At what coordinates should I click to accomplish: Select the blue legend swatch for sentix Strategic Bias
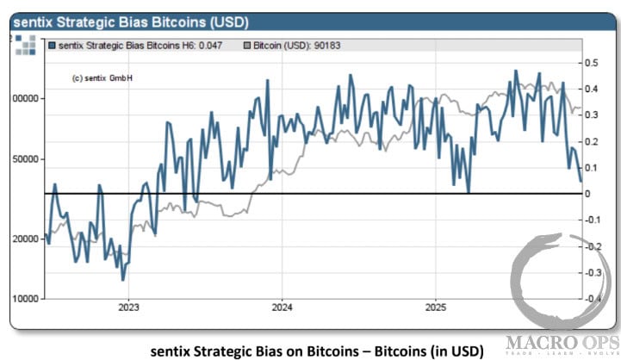53,43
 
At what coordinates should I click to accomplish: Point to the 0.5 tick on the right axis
593,63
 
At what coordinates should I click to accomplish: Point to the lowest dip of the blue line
123,279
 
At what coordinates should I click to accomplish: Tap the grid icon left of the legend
24,46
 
